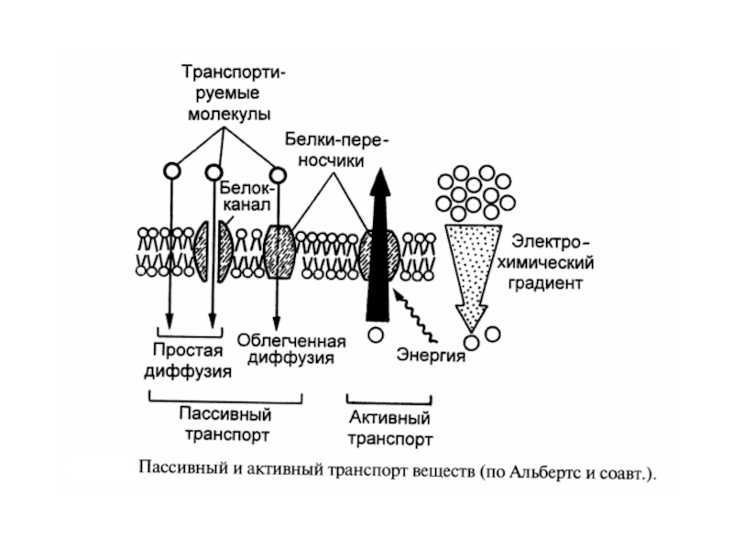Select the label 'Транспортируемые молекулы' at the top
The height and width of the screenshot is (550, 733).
coord(230,93)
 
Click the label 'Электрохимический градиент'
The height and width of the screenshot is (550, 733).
coord(547,263)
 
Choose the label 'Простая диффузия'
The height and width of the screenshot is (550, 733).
coord(187,361)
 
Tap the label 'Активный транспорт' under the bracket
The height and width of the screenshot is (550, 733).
coord(388,429)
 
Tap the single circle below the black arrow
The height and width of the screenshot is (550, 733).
coord(376,334)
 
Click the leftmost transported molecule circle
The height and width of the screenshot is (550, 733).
coord(170,170)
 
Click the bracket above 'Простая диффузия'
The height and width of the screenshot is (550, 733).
coord(187,330)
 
